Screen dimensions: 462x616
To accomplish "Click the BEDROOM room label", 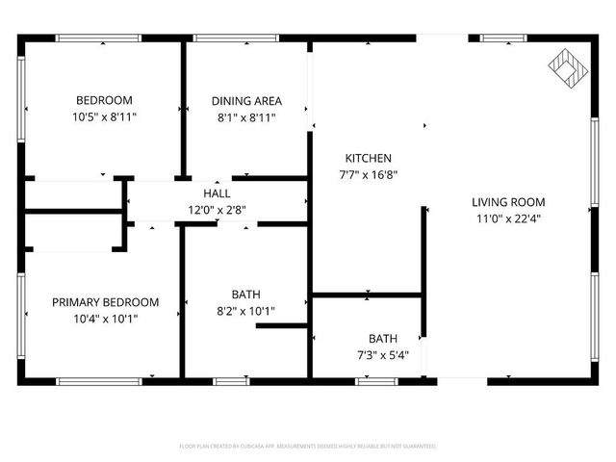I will (x=104, y=100).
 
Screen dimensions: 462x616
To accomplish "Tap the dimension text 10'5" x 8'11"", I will (x=104, y=116).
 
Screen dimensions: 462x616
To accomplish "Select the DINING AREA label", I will (x=245, y=100).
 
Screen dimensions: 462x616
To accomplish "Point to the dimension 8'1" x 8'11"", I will (x=245, y=116).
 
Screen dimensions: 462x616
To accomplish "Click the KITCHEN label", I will (x=369, y=158).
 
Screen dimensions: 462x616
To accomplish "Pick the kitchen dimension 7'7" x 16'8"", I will (x=369, y=174).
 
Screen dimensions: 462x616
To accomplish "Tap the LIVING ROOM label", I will (x=508, y=202).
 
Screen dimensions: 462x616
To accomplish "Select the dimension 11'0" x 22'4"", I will (x=508, y=218).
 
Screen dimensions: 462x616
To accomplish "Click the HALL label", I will (x=217, y=193).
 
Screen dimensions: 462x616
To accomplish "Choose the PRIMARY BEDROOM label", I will (x=105, y=302).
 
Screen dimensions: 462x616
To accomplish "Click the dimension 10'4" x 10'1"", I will (x=105, y=319).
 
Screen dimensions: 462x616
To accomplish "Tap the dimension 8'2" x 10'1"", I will (x=245, y=311).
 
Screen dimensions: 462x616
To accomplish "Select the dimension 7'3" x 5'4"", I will (x=369, y=355).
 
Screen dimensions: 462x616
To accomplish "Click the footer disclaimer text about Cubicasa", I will (x=308, y=447).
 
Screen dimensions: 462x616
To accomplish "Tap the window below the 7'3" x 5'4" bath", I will (x=375, y=381).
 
